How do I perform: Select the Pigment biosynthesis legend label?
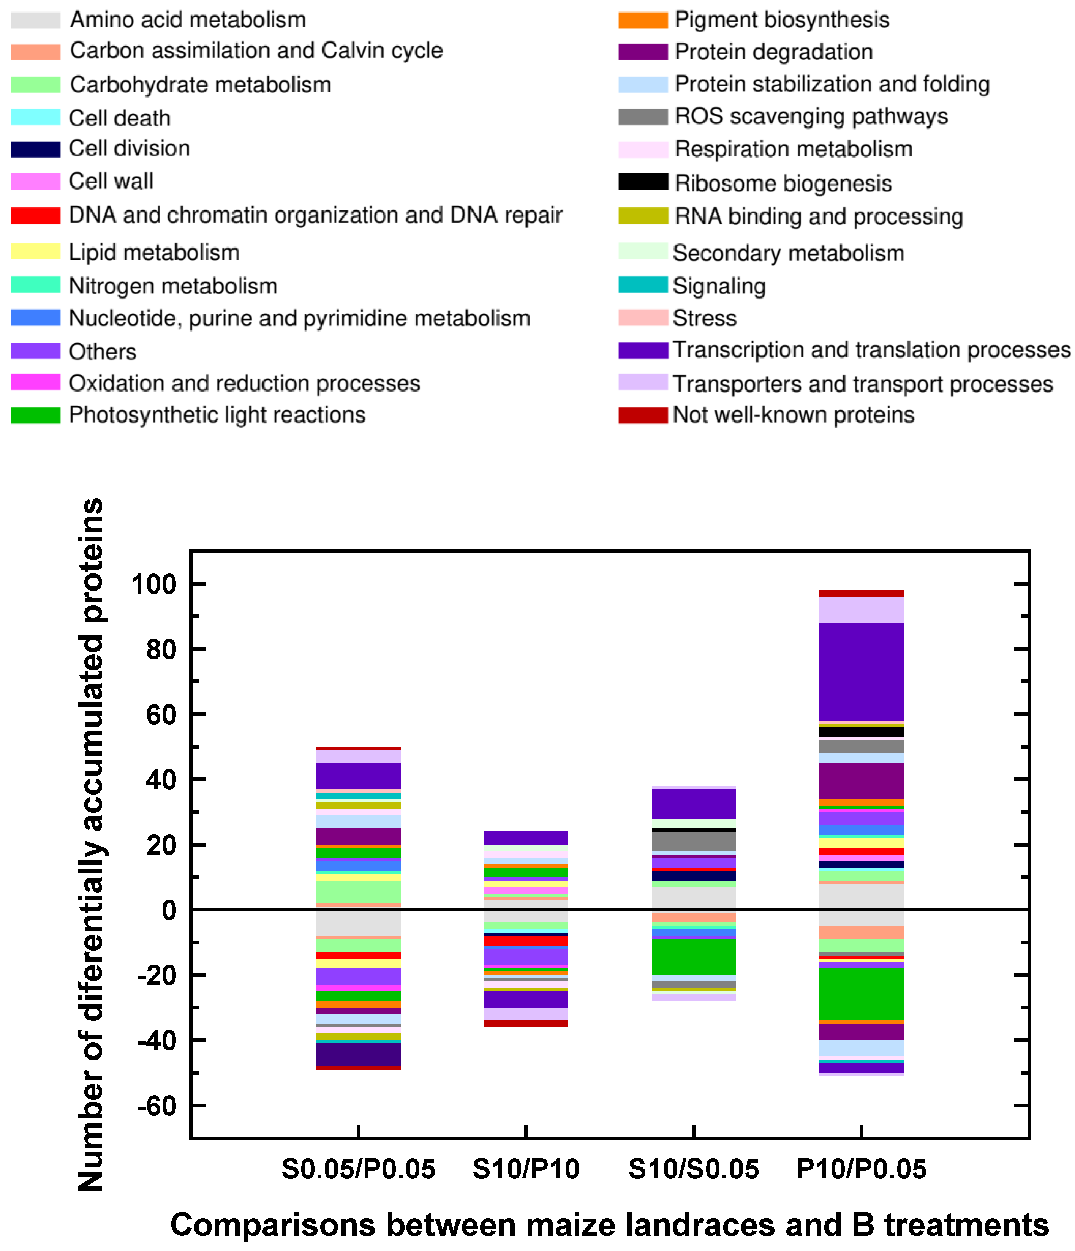(781, 20)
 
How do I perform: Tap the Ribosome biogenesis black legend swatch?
(643, 182)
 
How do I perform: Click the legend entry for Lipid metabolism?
(153, 253)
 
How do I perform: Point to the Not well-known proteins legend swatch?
(643, 415)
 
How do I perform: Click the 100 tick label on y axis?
(153, 584)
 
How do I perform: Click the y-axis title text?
(92, 845)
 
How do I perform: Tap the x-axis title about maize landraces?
(609, 1226)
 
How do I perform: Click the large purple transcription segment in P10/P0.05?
(861, 671)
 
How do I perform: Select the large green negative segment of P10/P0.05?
(861, 994)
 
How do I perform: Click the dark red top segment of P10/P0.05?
(861, 594)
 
